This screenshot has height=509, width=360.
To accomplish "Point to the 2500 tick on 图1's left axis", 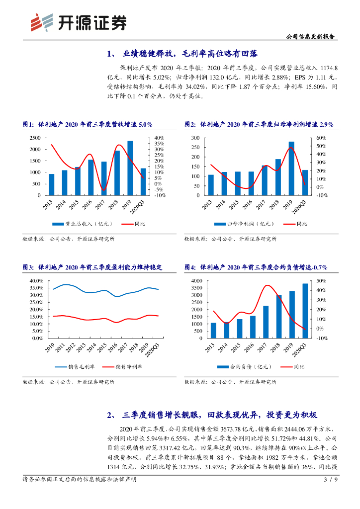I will tap(34, 138).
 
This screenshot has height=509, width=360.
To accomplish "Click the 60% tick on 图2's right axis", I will tap(321, 138).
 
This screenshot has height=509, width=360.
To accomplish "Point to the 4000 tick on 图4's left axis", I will tap(195, 281).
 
